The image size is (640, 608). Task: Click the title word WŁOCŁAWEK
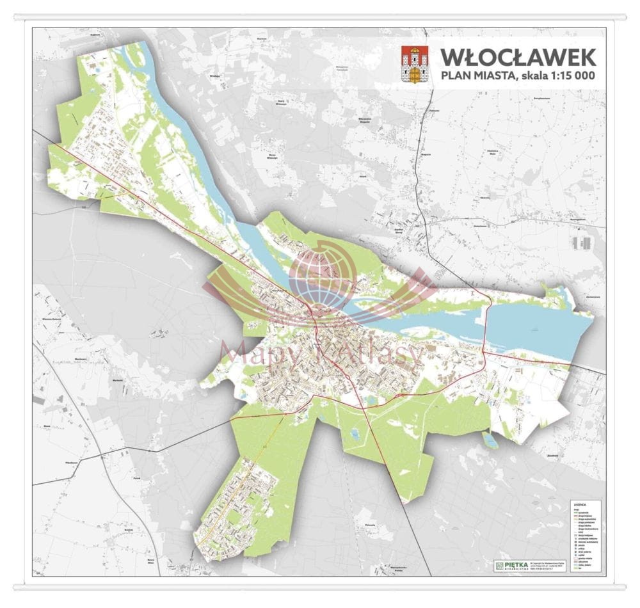[518, 57]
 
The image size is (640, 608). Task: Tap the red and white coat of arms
[414, 64]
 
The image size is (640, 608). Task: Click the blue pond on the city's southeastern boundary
[490, 440]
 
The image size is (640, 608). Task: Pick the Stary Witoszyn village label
[280, 101]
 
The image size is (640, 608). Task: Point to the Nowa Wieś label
[151, 561]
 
